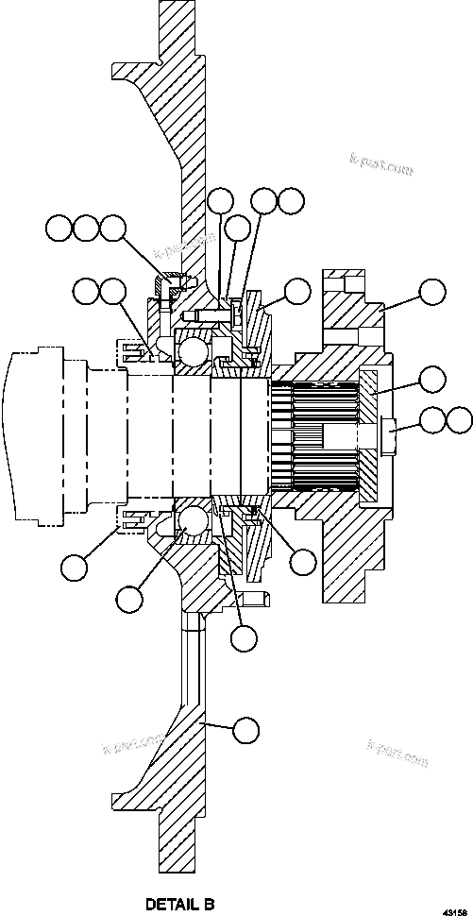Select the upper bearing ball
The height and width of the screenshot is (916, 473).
(192, 352)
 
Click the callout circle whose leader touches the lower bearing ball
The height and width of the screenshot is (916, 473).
(130, 597)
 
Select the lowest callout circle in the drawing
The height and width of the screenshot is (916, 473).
(245, 728)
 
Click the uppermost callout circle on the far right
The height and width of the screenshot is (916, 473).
(431, 292)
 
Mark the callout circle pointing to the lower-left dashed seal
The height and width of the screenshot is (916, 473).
(74, 567)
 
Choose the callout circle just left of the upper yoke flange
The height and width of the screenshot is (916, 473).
(298, 292)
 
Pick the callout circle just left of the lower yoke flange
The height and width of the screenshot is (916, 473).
(303, 562)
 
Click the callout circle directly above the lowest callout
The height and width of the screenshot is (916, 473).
(245, 637)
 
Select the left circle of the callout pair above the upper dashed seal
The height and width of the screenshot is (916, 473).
(86, 292)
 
